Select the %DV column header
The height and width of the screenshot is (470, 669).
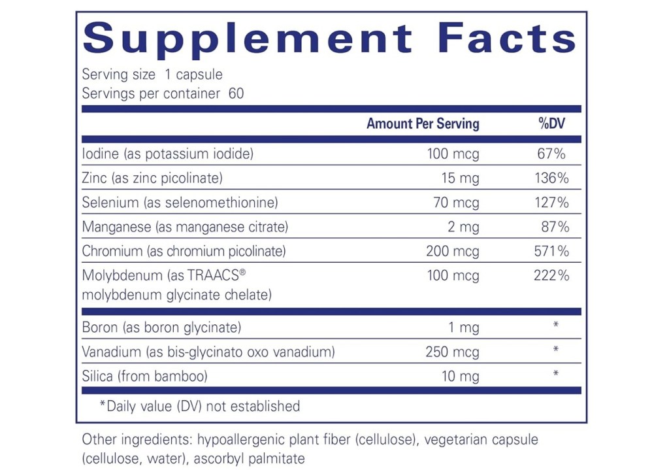pos(552,124)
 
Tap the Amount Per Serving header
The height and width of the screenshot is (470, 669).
pos(423,124)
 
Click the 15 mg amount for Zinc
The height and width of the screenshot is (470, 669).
pos(461,178)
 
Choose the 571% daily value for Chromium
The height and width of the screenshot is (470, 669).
pos(552,251)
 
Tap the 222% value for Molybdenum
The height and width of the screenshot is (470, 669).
pos(552,275)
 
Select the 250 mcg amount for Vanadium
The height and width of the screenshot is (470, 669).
pos(451,352)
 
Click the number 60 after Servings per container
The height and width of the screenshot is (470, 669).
pos(236,93)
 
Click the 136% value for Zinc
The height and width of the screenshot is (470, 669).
pos(552,178)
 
